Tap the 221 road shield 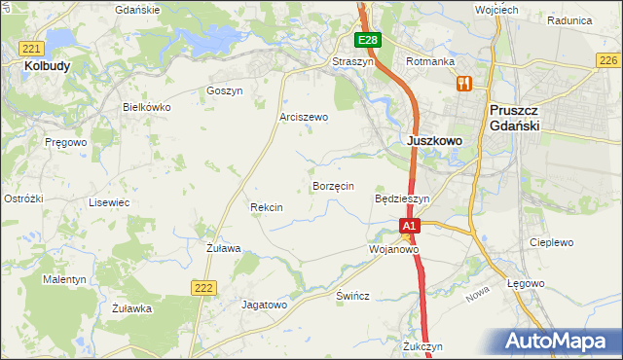click(x=32, y=48)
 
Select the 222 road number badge click(x=202, y=286)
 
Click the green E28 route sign click(x=367, y=40)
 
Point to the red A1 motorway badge click(x=410, y=226)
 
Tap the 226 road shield click(x=607, y=60)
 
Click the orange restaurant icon click(x=463, y=85)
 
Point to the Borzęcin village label click(x=333, y=185)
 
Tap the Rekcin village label click(x=266, y=207)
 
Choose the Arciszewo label click(x=304, y=117)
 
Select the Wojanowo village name click(x=393, y=249)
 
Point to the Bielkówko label click(x=147, y=107)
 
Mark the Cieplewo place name click(x=550, y=242)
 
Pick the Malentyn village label click(x=65, y=279)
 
